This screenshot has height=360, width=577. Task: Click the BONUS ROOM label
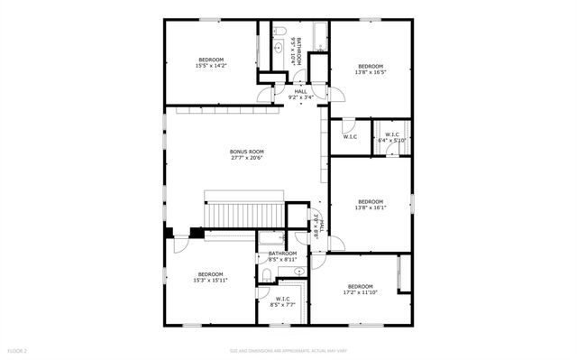tap(244, 152)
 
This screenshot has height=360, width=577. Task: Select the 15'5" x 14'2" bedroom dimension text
tap(210, 66)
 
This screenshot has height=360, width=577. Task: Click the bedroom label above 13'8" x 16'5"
tap(371, 66)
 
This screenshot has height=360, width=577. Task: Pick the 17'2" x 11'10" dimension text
tap(360, 292)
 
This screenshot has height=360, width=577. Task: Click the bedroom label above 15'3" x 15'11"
tap(211, 273)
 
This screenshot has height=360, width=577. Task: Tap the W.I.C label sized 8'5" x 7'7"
tap(282, 299)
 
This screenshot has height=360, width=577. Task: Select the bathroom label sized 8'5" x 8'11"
tap(282, 254)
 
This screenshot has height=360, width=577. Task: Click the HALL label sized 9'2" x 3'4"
tap(300, 91)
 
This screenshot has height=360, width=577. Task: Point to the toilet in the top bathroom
tap(280, 32)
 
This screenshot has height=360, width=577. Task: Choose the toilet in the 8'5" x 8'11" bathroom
tap(268, 277)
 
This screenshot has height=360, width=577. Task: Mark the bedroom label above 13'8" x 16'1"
tap(371, 201)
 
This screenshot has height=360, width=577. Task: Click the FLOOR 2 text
tap(17, 350)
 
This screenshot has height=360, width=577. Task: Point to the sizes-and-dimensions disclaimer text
tap(288, 350)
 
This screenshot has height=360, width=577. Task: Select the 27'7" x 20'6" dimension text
tap(244, 159)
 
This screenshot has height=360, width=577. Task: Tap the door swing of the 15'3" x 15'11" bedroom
tap(181, 239)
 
